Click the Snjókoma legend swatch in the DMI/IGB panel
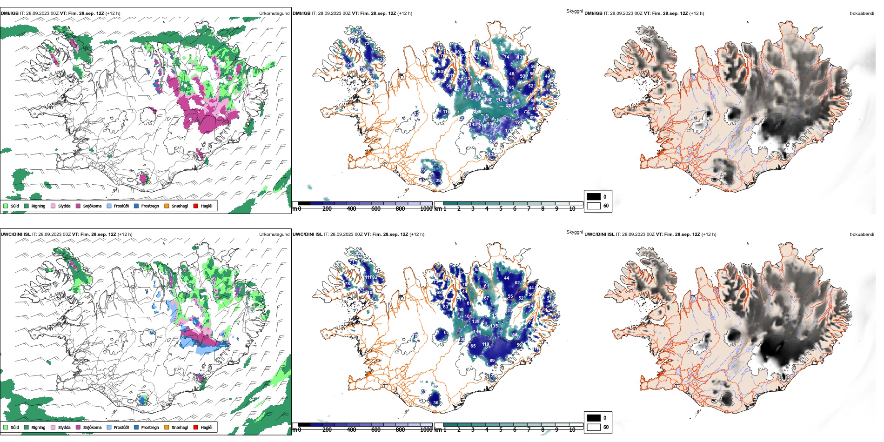click(x=78, y=206)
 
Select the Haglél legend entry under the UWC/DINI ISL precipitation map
click(x=196, y=427)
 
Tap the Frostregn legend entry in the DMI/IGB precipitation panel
click(x=136, y=206)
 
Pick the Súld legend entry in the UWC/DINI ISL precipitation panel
click(x=6, y=427)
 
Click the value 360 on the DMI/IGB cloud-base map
click(x=487, y=100)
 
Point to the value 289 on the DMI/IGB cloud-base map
click(x=477, y=112)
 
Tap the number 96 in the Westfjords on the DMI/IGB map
click(x=349, y=64)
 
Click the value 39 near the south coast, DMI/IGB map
click(x=438, y=181)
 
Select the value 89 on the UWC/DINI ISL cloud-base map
click(x=492, y=361)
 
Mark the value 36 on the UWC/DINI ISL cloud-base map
click(x=435, y=403)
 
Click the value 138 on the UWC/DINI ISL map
click(x=475, y=321)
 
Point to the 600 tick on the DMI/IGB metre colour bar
click(x=375, y=209)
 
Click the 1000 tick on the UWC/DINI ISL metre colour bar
click(x=426, y=430)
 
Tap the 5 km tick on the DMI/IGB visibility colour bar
click(x=501, y=209)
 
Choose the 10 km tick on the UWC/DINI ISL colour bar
click(x=572, y=430)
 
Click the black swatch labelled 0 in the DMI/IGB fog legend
click(x=594, y=196)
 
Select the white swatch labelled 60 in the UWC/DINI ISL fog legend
click(x=594, y=427)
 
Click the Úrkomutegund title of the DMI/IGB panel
click(x=274, y=13)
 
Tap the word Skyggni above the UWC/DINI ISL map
click(x=574, y=232)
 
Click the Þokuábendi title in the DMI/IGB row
click(x=862, y=13)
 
